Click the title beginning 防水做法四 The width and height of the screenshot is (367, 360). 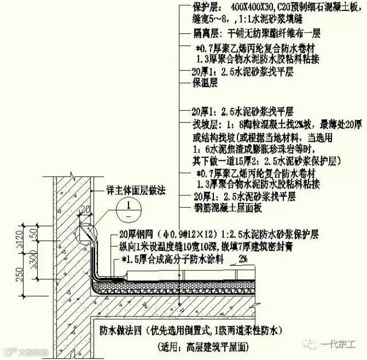(190, 330)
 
